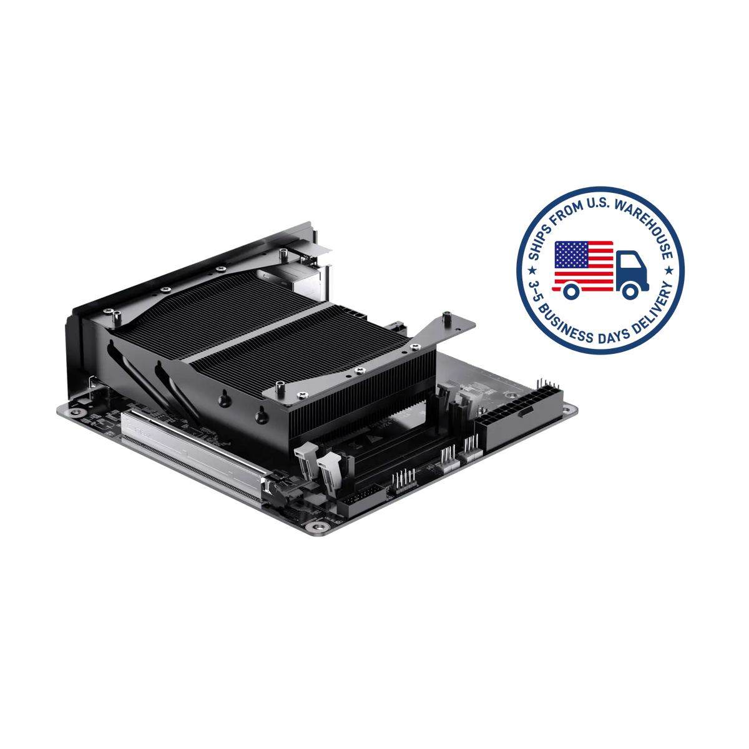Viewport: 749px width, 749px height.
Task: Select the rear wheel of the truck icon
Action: pos(571,291)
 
